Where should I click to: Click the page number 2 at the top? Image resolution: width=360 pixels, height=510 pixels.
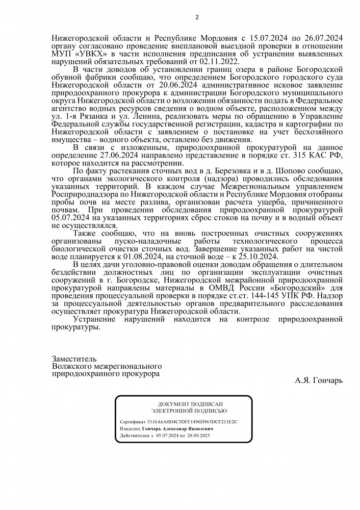point(197,17)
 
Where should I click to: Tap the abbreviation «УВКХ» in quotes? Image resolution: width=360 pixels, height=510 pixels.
point(85,53)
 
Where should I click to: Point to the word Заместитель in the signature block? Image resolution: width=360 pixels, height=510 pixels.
point(74,359)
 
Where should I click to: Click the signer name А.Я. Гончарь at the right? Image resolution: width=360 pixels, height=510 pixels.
point(319,380)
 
